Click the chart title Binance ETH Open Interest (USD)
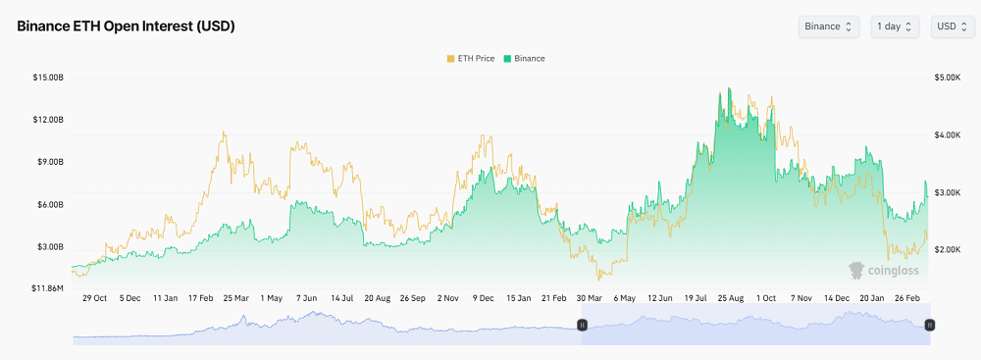pyautogui.click(x=126, y=26)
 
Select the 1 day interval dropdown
pyautogui.click(x=895, y=26)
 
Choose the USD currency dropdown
pyautogui.click(x=952, y=26)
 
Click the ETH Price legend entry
pyautogui.click(x=471, y=59)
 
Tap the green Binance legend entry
pyautogui.click(x=524, y=59)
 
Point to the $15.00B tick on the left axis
pyautogui.click(x=48, y=77)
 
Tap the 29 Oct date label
pyautogui.click(x=94, y=297)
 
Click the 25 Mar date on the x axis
pyautogui.click(x=234, y=297)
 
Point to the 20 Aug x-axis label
pyautogui.click(x=377, y=297)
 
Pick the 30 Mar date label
pyautogui.click(x=589, y=297)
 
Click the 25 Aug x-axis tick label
pyautogui.click(x=730, y=297)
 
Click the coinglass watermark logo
pyautogui.click(x=884, y=269)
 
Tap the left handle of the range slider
pyautogui.click(x=582, y=324)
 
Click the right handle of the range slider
pyautogui.click(x=930, y=324)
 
